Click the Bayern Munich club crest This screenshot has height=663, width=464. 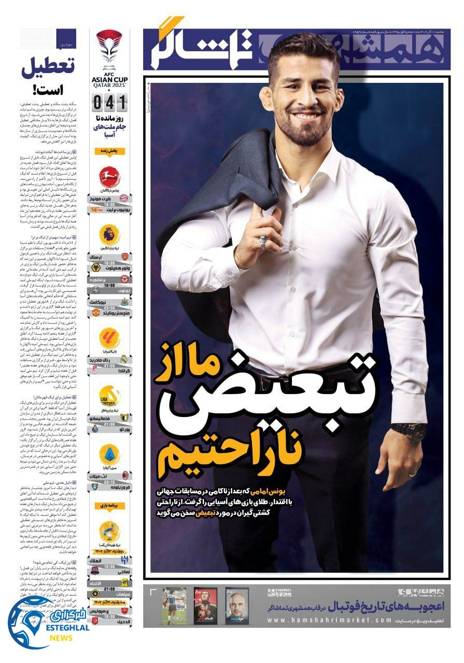(124, 198)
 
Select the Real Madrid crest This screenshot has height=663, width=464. (124, 359)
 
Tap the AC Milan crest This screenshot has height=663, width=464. (124, 475)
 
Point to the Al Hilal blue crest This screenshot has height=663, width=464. (124, 561)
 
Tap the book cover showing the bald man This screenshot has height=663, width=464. (237, 606)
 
